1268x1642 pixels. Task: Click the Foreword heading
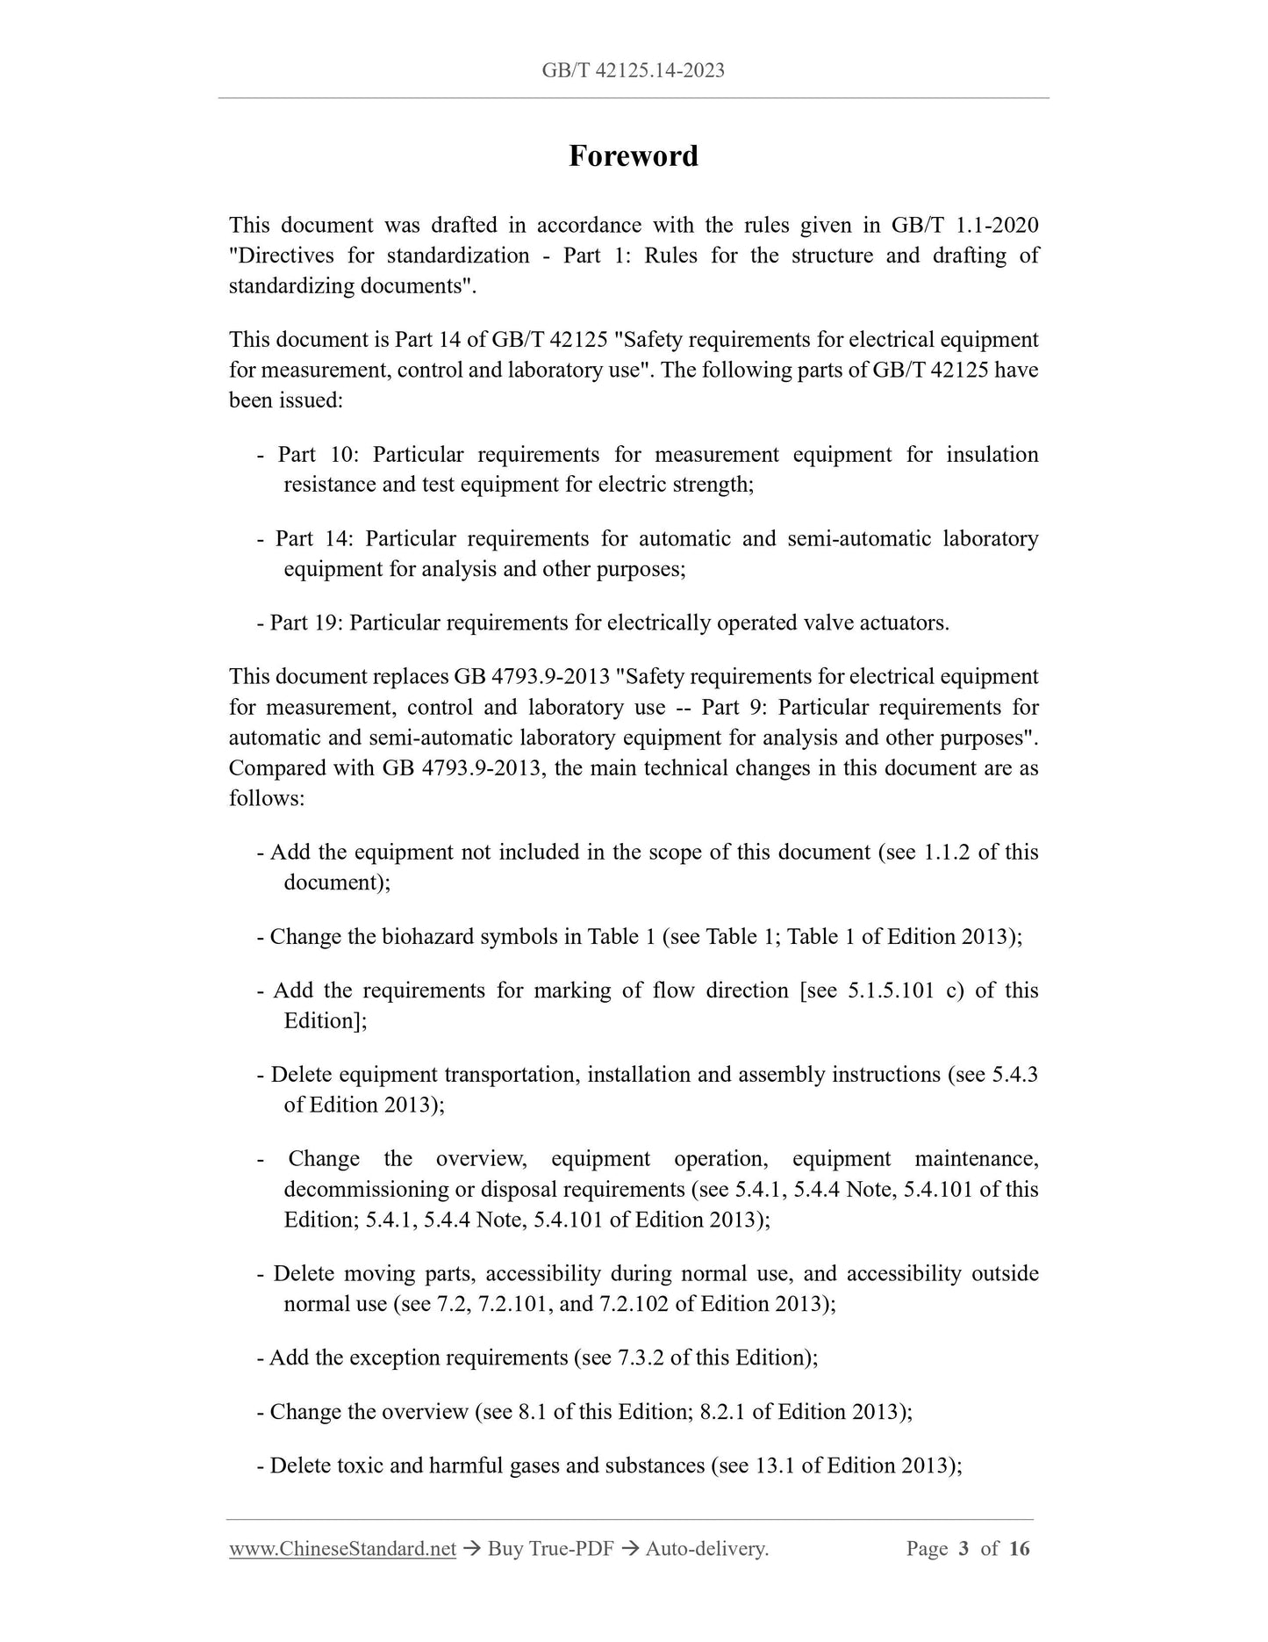[x=633, y=156]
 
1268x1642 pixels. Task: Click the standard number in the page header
[x=633, y=70]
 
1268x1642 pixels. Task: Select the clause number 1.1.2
[x=947, y=853]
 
